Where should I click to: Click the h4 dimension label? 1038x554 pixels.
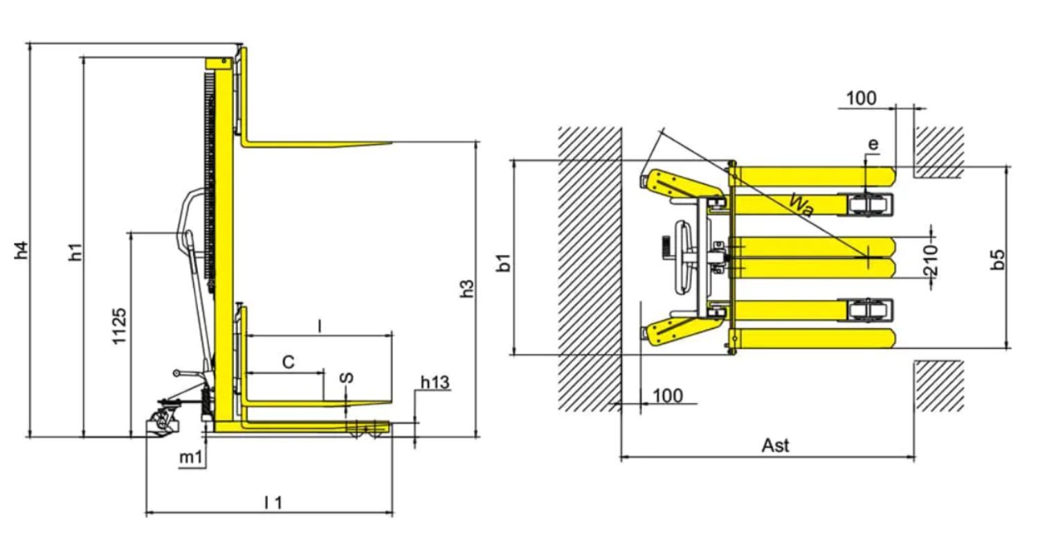tap(21, 251)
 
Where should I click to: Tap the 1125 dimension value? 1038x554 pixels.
tap(119, 325)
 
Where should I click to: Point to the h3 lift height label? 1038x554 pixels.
tap(468, 288)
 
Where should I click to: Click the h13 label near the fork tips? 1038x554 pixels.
tap(435, 382)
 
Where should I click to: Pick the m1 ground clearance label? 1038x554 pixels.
tap(191, 458)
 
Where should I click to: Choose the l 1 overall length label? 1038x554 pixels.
tap(273, 503)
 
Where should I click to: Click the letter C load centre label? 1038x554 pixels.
tap(289, 362)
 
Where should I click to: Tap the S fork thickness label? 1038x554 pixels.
tap(347, 377)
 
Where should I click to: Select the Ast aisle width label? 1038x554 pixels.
tap(775, 445)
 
